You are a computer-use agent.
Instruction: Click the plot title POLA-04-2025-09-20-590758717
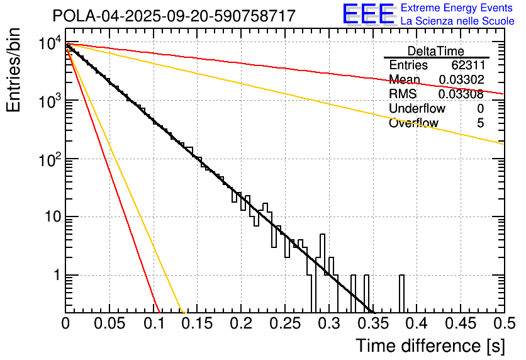(x=174, y=16)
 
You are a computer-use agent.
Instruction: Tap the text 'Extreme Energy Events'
(x=456, y=8)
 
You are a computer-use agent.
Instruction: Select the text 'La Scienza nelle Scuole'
(x=457, y=21)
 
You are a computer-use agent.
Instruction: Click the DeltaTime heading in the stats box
(x=436, y=51)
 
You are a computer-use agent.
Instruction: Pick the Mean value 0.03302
(x=461, y=80)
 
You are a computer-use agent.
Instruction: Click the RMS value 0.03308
(x=461, y=94)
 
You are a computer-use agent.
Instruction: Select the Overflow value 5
(x=480, y=123)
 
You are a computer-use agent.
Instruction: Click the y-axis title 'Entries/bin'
(x=14, y=70)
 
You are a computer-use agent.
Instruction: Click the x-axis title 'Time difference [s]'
(x=430, y=346)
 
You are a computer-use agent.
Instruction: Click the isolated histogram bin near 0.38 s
(x=401, y=293)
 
